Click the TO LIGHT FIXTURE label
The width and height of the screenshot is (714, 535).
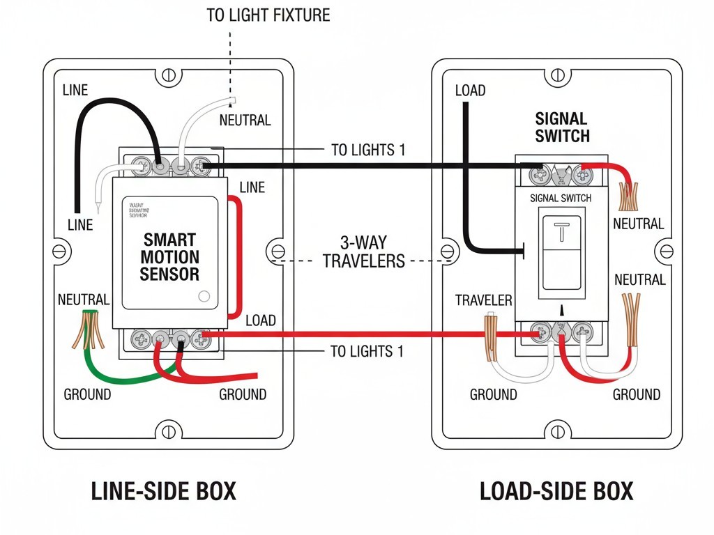[268, 15]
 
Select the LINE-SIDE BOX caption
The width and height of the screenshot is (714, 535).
[164, 491]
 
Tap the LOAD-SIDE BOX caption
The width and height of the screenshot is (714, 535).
[556, 491]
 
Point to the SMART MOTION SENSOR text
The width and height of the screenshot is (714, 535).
[169, 257]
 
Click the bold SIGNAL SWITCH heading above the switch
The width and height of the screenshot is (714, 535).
[562, 127]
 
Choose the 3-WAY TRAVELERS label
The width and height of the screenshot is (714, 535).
[363, 252]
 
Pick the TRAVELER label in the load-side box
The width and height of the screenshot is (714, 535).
[483, 300]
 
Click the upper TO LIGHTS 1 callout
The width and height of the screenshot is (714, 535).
[367, 150]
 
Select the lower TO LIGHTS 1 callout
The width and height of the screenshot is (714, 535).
[367, 351]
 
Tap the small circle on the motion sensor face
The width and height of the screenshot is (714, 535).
[204, 295]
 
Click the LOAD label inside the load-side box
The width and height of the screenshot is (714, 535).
[470, 91]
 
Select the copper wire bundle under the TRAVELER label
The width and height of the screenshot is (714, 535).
[491, 333]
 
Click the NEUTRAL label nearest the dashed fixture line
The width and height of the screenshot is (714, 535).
[245, 120]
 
